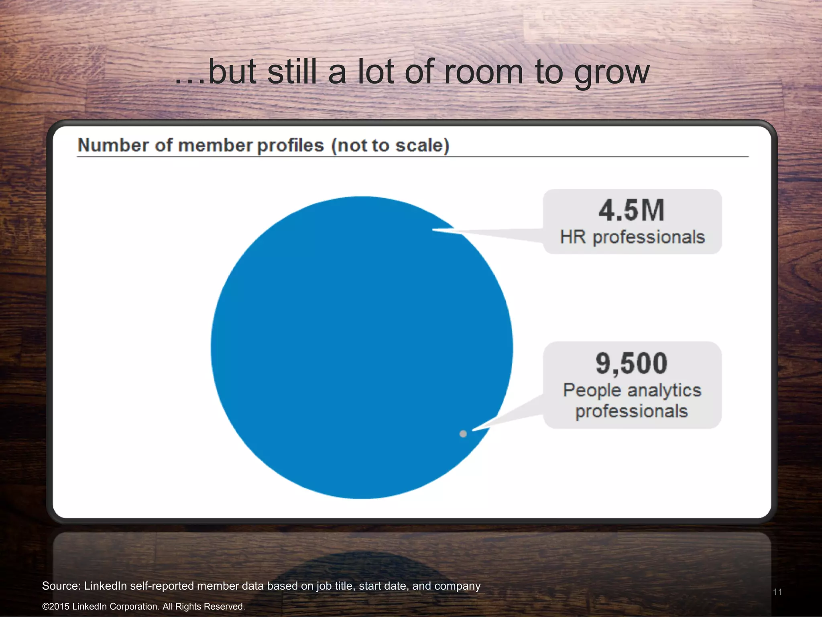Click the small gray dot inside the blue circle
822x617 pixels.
[463, 434]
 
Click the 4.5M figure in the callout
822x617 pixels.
[631, 210]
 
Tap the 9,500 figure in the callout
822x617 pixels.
[631, 363]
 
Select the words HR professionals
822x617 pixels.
[632, 237]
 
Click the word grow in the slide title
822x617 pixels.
[611, 72]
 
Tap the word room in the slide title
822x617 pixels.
[483, 72]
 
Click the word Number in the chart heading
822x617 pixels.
[114, 145]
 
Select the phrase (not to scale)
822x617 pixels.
[390, 145]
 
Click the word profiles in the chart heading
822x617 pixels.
[290, 145]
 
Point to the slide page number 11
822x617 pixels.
[777, 592]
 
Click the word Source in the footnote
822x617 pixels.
[60, 586]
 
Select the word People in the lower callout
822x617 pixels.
[592, 390]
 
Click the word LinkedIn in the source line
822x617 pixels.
[106, 586]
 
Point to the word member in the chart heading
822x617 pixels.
[215, 145]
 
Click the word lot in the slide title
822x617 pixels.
[375, 72]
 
